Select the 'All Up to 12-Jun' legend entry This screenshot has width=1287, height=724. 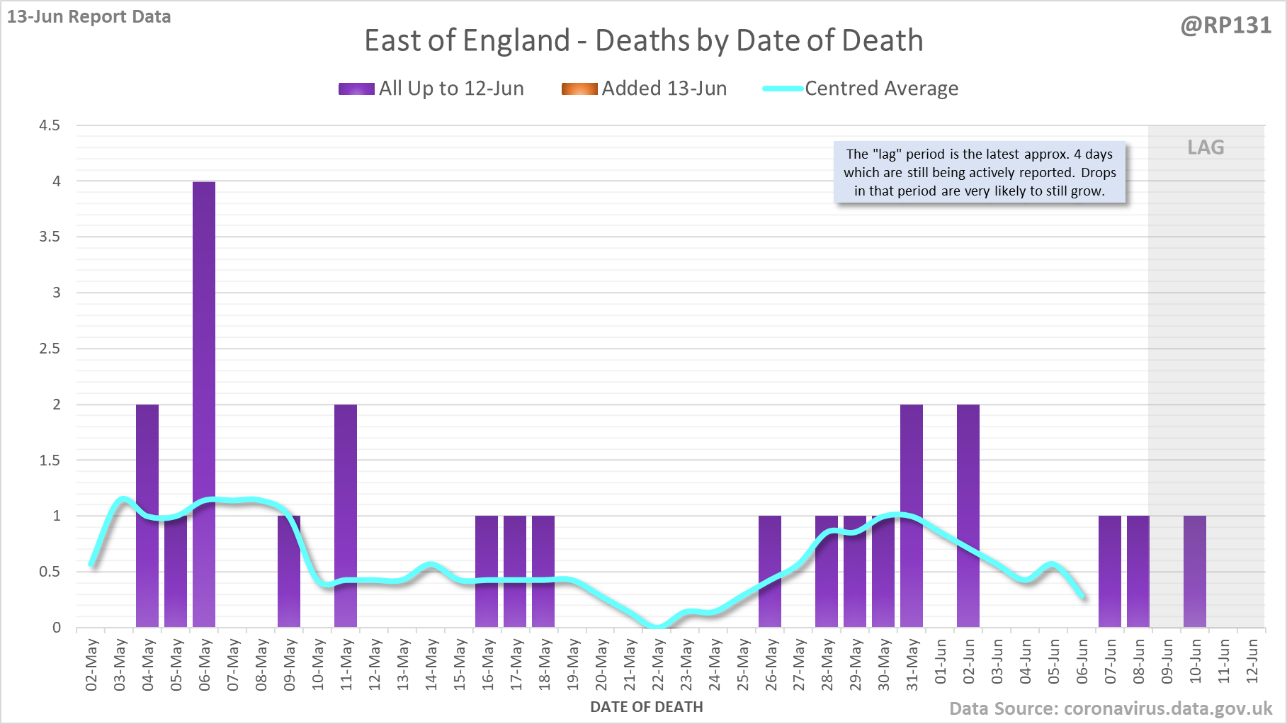click(x=431, y=89)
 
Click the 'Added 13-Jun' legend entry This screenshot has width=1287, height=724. click(x=645, y=89)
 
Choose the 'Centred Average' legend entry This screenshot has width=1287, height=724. click(x=861, y=89)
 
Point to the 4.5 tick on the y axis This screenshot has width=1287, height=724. click(x=50, y=125)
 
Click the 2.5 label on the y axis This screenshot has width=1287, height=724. click(x=50, y=349)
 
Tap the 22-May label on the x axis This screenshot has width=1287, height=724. click(x=658, y=664)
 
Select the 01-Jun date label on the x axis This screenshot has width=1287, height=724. click(x=941, y=662)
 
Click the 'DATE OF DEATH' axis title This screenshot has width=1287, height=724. click(x=646, y=707)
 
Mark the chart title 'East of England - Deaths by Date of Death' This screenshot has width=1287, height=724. click(x=643, y=40)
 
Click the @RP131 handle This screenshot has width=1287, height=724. click(x=1225, y=26)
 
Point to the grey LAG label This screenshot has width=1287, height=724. click(x=1206, y=147)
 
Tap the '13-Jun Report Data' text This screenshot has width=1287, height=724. click(x=89, y=16)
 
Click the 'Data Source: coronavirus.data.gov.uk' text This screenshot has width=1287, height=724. click(x=1111, y=708)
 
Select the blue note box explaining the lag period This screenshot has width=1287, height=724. click(x=980, y=173)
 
